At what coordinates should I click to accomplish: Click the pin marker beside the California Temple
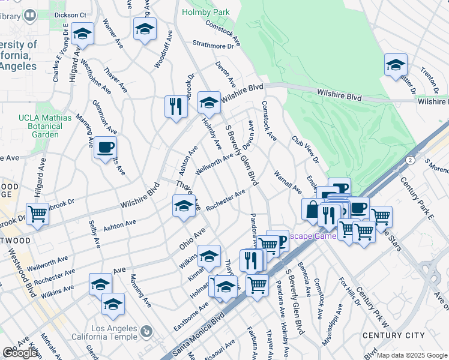pyautogui.click(x=146, y=332)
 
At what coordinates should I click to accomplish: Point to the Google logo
pyautogui.click(x=20, y=353)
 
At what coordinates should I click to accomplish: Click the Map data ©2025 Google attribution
pyautogui.click(x=412, y=355)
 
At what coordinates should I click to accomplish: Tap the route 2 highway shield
pyautogui.click(x=409, y=160)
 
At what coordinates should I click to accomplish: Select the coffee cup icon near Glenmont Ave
pyautogui.click(x=105, y=148)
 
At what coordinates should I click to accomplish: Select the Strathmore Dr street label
pyautogui.click(x=213, y=45)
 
